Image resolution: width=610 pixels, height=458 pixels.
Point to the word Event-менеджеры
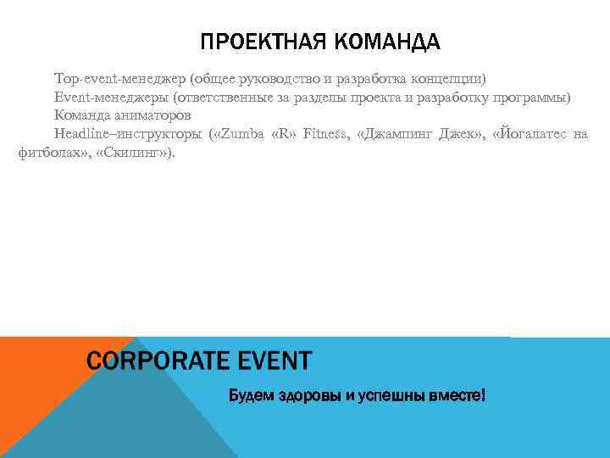[x=111, y=98]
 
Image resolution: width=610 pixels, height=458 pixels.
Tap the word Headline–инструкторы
[x=128, y=134]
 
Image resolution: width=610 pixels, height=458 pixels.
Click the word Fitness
[x=324, y=134]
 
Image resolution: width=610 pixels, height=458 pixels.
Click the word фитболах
[x=49, y=153]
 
